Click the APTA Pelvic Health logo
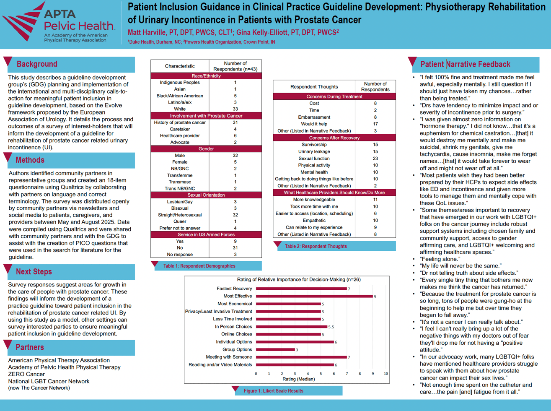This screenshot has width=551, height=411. (x=58, y=22)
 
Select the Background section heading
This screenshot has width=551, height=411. (x=37, y=64)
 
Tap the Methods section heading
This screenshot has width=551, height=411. (x=30, y=160)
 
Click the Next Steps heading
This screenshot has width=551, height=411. (x=34, y=272)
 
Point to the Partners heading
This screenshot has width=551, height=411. (x=30, y=347)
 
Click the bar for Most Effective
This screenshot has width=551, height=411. (x=314, y=296)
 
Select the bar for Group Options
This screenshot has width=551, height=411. (x=275, y=349)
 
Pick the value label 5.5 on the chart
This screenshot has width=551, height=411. (x=331, y=327)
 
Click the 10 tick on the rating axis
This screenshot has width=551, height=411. (x=386, y=374)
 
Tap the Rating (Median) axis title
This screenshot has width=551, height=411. (x=298, y=379)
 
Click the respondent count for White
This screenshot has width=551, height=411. (x=235, y=109)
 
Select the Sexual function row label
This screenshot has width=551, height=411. (x=314, y=159)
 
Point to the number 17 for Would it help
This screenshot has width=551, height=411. (x=375, y=124)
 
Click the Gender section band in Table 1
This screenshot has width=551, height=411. (x=206, y=149)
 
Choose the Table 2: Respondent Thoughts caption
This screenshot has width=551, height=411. (x=316, y=246)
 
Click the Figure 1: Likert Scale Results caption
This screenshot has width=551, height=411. (x=274, y=390)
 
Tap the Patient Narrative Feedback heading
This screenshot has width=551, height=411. (x=466, y=64)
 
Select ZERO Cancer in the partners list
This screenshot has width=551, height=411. (x=26, y=374)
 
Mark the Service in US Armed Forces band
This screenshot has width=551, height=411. (x=206, y=234)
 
